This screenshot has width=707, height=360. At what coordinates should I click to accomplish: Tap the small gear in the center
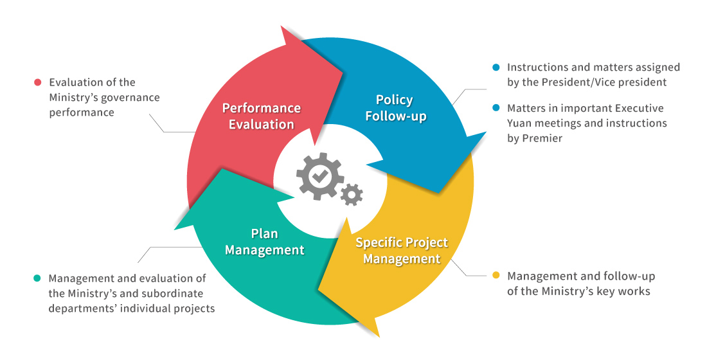pyautogui.click(x=352, y=194)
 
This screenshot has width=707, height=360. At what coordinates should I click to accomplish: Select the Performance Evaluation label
pyautogui.click(x=262, y=116)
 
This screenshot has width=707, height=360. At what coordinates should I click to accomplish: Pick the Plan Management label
pyautogui.click(x=264, y=242)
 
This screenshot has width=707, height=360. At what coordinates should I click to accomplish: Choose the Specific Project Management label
pyautogui.click(x=402, y=251)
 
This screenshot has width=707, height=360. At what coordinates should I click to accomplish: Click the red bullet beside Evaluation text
pyautogui.click(x=37, y=82)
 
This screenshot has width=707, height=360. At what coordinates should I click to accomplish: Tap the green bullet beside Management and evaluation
pyautogui.click(x=37, y=278)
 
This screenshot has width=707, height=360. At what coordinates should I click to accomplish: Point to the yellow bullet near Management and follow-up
pyautogui.click(x=496, y=276)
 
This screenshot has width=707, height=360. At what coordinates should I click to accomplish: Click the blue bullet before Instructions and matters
pyautogui.click(x=496, y=67)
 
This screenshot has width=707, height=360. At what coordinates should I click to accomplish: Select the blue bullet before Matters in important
pyautogui.click(x=496, y=108)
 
